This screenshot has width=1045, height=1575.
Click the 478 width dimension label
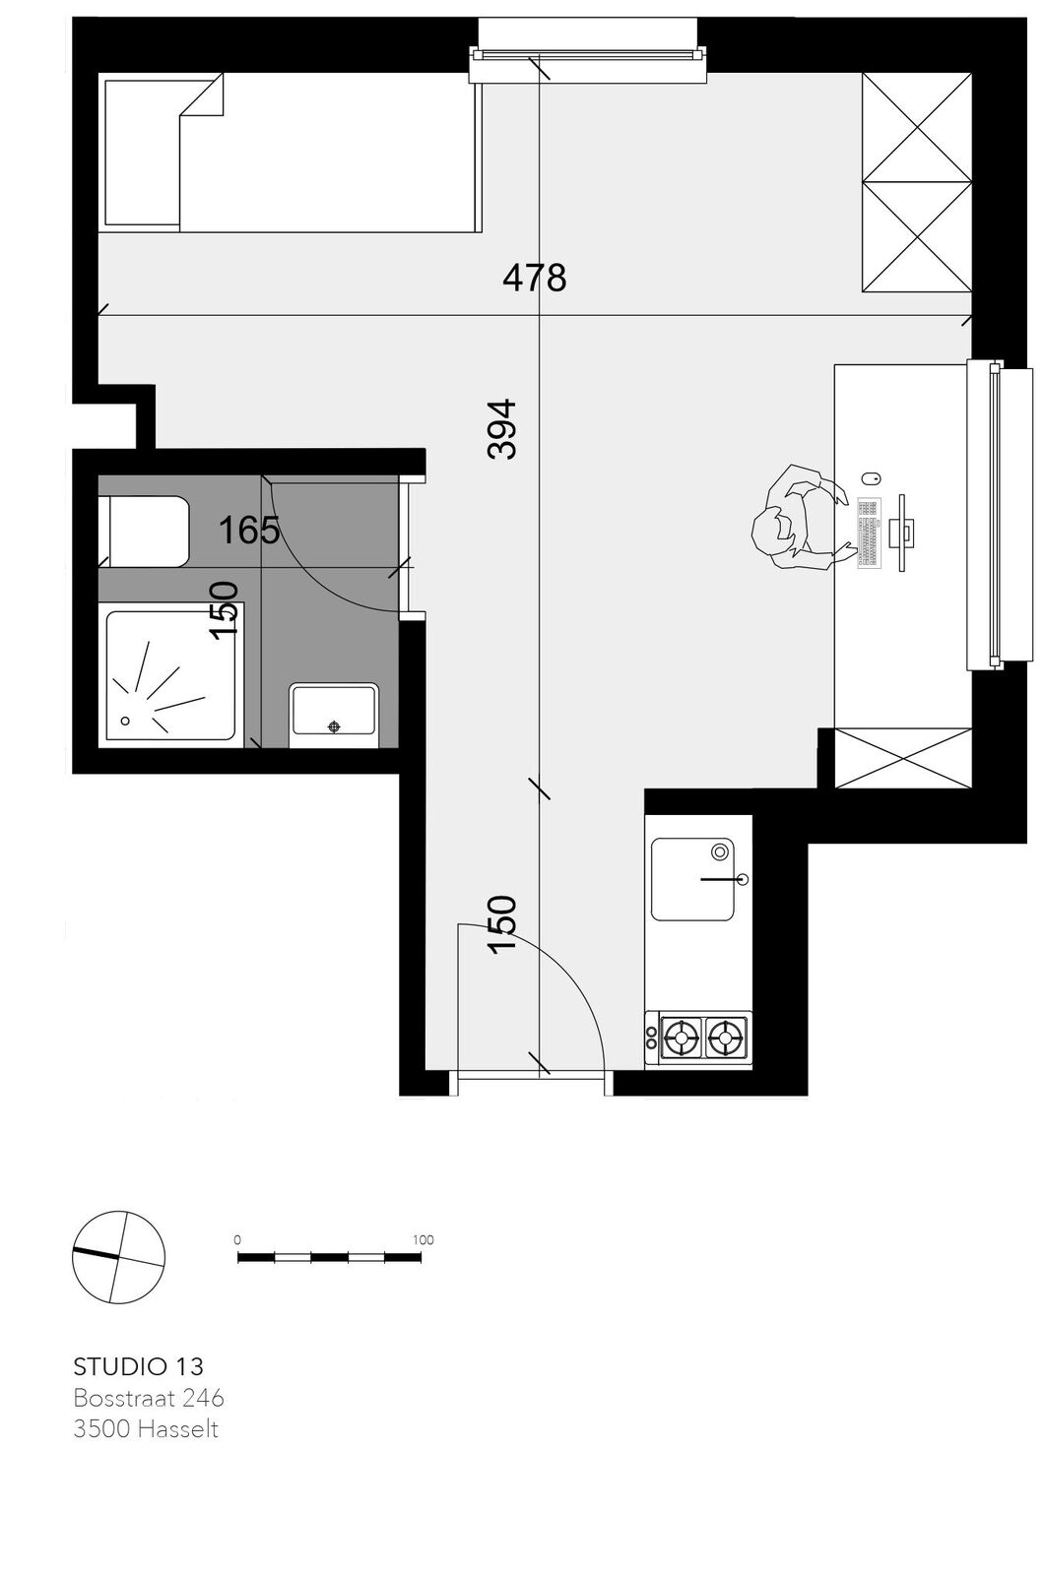pos(534,278)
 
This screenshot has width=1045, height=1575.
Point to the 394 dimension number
pos(501,429)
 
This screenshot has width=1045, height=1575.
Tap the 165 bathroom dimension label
pos(249,530)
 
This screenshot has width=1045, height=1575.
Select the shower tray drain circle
pos(125,721)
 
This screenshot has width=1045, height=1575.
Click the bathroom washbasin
pos(334,715)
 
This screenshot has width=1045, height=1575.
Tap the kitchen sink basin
pos(692,879)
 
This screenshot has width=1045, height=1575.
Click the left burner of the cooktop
pos(682,1036)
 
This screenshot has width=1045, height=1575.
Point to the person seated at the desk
pos(798,517)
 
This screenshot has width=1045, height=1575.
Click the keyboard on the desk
pos(869,533)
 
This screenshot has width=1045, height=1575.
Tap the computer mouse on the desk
pos(871,478)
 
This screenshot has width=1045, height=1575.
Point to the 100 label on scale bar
pos(423,1239)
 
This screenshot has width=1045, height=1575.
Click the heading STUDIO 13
pos(139,1366)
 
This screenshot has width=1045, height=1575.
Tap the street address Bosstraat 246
pos(149,1398)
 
